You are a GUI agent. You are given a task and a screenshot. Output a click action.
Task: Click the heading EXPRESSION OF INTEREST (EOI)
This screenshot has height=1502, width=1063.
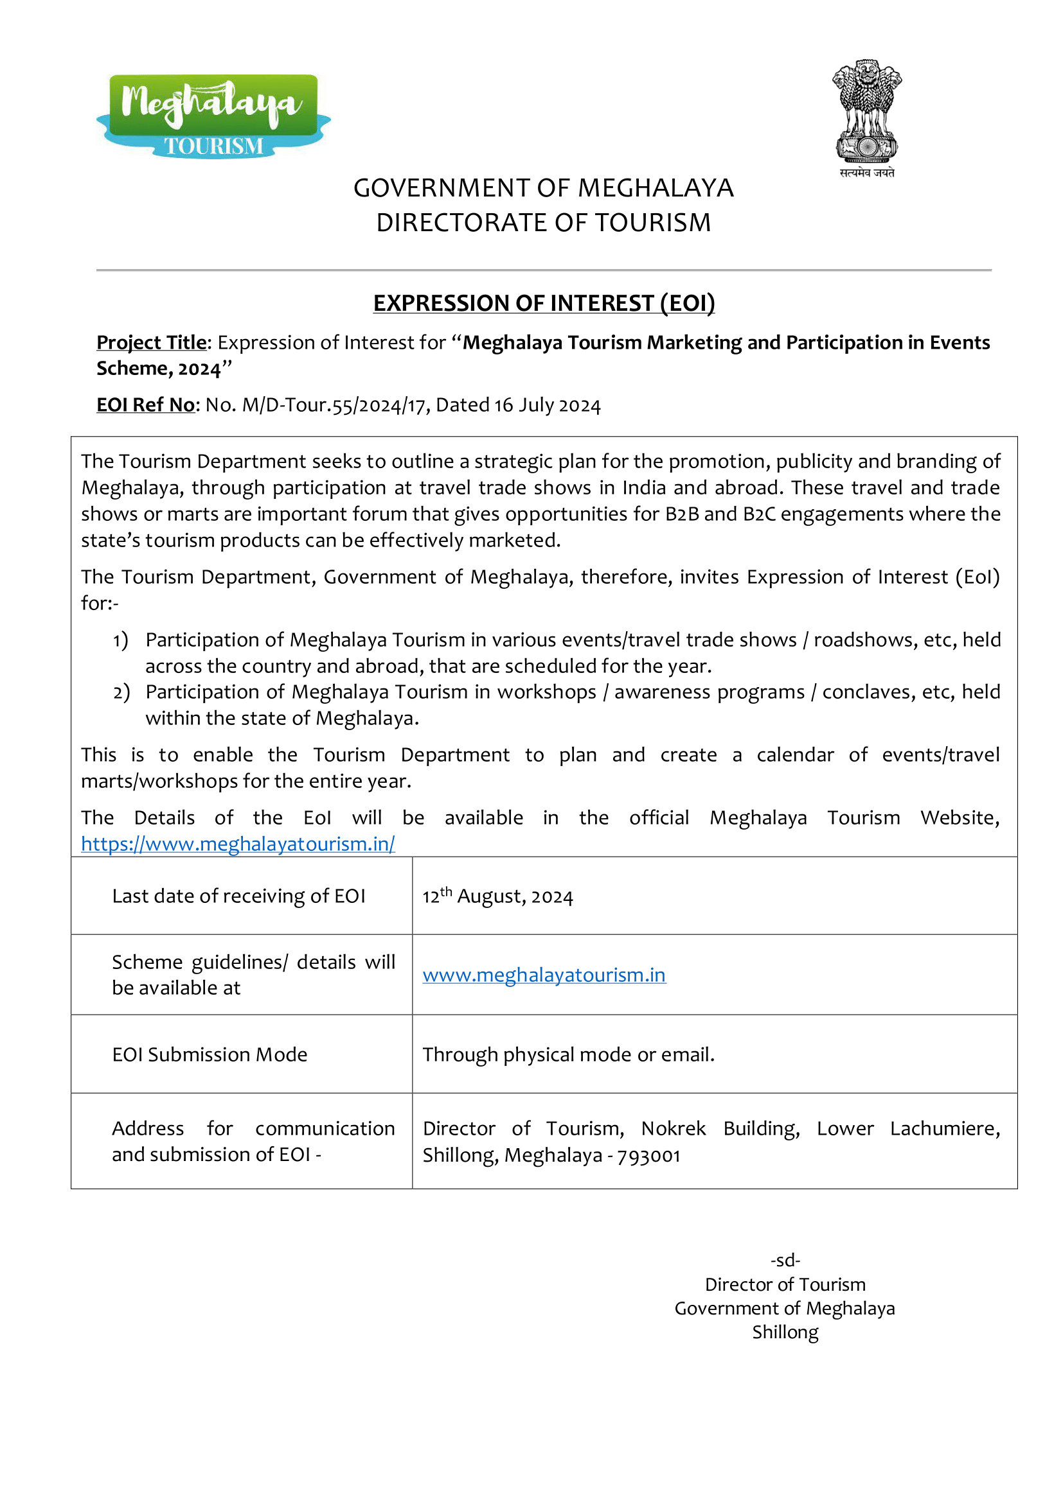click(x=543, y=304)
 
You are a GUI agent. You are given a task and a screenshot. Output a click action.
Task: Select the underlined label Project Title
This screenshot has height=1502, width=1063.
click(x=151, y=343)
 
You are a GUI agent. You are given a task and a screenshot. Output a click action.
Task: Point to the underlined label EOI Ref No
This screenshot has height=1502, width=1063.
click(x=145, y=405)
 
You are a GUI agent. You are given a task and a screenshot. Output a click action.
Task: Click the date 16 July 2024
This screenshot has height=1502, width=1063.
click(x=547, y=406)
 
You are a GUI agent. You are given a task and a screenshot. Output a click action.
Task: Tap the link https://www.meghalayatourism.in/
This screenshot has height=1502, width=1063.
click(x=238, y=844)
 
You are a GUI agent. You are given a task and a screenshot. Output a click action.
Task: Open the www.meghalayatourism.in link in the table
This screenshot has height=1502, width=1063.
click(x=544, y=975)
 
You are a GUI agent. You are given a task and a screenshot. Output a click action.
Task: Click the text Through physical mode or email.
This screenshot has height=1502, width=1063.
click(x=568, y=1054)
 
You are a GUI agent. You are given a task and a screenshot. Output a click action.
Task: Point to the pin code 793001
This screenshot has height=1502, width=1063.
click(x=648, y=1155)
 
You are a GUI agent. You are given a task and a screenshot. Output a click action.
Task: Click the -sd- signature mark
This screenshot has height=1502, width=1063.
click(x=785, y=1260)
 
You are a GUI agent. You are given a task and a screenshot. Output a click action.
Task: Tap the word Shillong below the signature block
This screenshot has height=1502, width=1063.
click(x=785, y=1332)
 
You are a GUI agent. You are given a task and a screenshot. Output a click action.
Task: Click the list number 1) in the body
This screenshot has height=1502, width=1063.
click(x=120, y=640)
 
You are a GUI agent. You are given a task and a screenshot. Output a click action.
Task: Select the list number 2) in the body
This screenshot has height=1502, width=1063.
click(x=121, y=692)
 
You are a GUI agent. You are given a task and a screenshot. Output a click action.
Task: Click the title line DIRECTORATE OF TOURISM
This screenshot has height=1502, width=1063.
click(x=543, y=223)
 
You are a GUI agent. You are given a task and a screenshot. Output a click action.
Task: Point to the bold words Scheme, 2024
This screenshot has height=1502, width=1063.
click(x=158, y=369)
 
